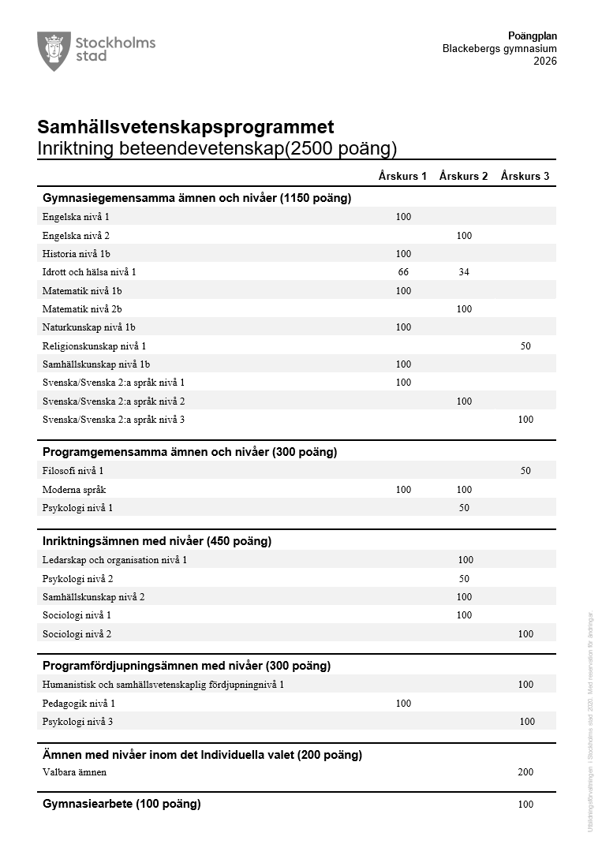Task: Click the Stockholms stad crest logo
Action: click(x=54, y=50)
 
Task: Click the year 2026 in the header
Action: click(x=544, y=62)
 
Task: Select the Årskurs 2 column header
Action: click(x=464, y=176)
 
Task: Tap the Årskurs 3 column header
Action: click(x=525, y=176)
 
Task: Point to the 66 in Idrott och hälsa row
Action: click(x=403, y=272)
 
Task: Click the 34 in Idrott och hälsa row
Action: click(x=464, y=272)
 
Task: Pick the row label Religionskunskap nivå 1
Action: click(x=94, y=345)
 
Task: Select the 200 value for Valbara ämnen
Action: click(x=525, y=772)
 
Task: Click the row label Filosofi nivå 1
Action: click(x=73, y=471)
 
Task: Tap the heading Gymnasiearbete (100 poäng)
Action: click(x=122, y=804)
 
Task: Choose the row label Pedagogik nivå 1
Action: click(x=79, y=703)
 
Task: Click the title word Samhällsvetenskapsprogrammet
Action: click(x=185, y=127)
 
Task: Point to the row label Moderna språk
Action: click(x=74, y=490)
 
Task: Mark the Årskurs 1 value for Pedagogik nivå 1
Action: click(x=403, y=703)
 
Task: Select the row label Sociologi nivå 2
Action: click(x=77, y=633)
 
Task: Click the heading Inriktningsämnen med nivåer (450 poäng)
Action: click(x=156, y=541)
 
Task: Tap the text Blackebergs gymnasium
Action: click(x=499, y=49)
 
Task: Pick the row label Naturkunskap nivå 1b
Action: click(x=89, y=327)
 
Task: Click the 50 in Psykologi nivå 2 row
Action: click(x=464, y=579)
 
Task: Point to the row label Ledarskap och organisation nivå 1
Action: click(x=114, y=560)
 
